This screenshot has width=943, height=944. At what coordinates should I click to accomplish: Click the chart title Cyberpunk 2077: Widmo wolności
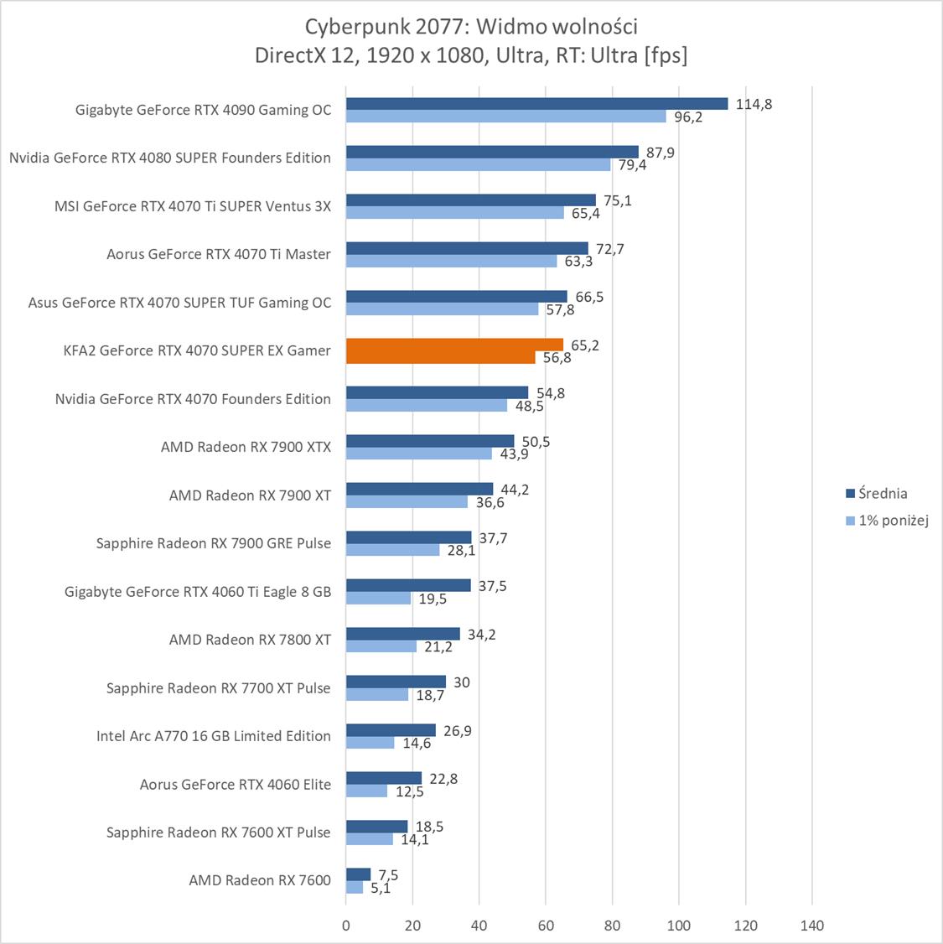pyautogui.click(x=471, y=27)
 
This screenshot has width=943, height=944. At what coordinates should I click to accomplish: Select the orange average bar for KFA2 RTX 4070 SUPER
pyautogui.click(x=454, y=345)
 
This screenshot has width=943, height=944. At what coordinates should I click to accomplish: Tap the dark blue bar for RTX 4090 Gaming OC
pyautogui.click(x=536, y=104)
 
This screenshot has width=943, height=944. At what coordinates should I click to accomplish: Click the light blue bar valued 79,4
pyautogui.click(x=478, y=165)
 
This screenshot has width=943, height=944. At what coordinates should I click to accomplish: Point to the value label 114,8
pyautogui.click(x=754, y=105)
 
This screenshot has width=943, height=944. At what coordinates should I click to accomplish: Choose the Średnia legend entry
pyautogui.click(x=882, y=494)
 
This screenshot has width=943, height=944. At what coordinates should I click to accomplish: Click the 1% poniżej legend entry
pyautogui.click(x=893, y=521)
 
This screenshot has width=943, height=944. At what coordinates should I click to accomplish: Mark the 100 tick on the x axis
pyautogui.click(x=679, y=926)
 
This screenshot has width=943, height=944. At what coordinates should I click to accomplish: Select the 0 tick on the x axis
pyautogui.click(x=346, y=926)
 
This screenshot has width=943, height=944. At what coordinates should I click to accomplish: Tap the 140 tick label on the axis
pyautogui.click(x=811, y=926)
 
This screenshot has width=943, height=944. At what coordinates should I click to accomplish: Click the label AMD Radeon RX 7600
pyautogui.click(x=260, y=880)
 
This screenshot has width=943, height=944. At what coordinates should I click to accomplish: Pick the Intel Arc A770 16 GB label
pyautogui.click(x=214, y=736)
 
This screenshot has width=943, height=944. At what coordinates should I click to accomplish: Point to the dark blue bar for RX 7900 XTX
pyautogui.click(x=430, y=441)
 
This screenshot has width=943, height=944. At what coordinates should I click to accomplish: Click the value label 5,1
pyautogui.click(x=381, y=889)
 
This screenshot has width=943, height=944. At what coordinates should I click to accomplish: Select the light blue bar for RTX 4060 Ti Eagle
pyautogui.click(x=378, y=599)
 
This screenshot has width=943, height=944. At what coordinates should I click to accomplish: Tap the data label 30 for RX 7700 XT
pyautogui.click(x=462, y=682)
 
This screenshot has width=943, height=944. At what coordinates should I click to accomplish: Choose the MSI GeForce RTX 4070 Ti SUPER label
pyautogui.click(x=193, y=206)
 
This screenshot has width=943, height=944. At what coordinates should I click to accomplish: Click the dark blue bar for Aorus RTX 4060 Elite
pyautogui.click(x=384, y=778)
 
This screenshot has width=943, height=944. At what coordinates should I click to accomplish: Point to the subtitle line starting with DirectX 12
pyautogui.click(x=471, y=55)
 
